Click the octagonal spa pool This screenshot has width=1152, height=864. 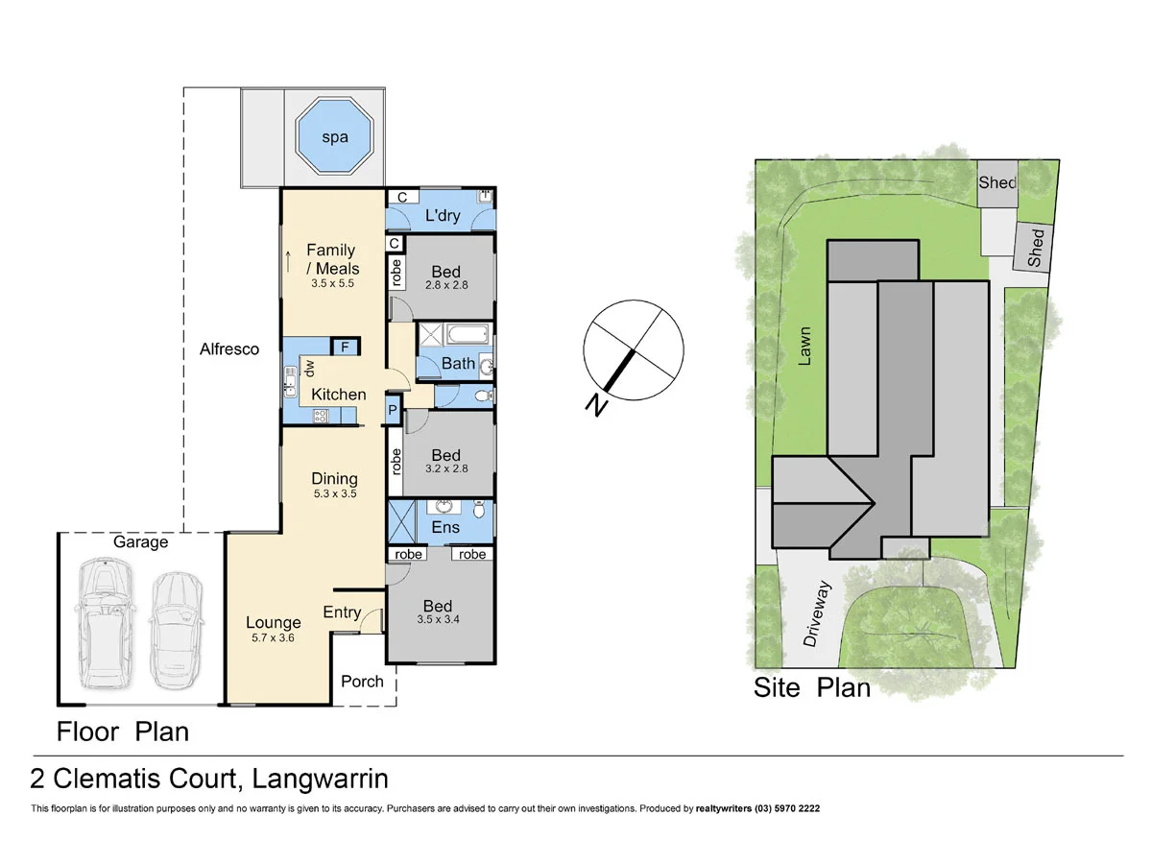[x=334, y=139]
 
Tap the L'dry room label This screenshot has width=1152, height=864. [x=444, y=216]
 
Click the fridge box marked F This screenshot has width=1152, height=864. [x=344, y=348]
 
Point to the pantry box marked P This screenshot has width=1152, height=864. [x=392, y=411]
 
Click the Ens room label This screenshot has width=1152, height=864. [x=445, y=527]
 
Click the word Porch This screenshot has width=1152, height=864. [x=362, y=682]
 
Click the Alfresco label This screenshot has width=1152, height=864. [x=229, y=349]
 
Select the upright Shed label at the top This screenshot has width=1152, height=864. [x=996, y=183]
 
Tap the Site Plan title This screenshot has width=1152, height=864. [x=811, y=687]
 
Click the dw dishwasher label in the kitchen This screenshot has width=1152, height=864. [x=310, y=367]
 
